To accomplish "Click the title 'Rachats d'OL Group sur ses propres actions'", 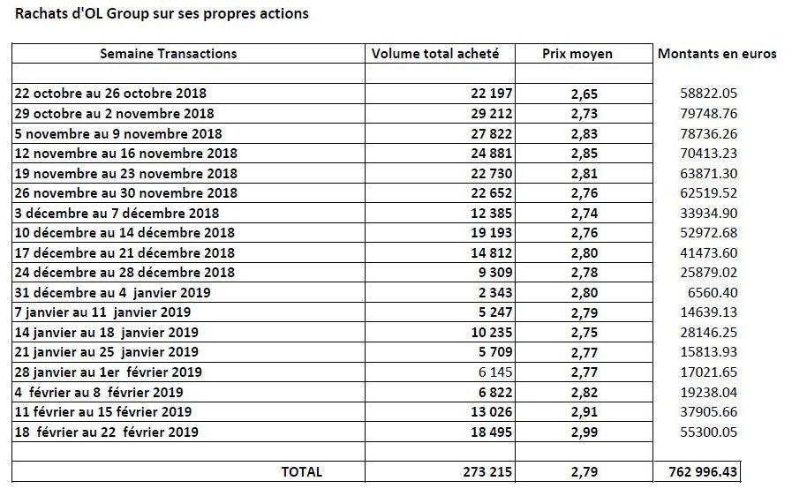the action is (162, 13).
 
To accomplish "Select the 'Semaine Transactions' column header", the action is (168, 54).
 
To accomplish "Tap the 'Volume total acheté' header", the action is (435, 54).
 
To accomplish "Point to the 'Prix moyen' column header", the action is (577, 54).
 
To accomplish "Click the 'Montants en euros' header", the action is (717, 54).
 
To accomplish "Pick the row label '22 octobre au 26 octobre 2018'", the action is (110, 94).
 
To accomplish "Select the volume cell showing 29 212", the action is (492, 114).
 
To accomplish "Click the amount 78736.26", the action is (709, 134).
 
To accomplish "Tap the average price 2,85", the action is (585, 154).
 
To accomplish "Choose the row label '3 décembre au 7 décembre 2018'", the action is (117, 214).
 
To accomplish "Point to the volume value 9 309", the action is (495, 273).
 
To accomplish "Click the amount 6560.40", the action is (713, 293).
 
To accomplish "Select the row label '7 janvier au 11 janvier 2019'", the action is (102, 312).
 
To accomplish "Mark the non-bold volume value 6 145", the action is (495, 372).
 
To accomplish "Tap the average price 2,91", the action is (585, 412).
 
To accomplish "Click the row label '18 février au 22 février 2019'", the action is (107, 432).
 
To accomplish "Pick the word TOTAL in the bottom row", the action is (302, 472).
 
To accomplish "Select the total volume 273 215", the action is (487, 472).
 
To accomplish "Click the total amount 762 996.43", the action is (703, 472).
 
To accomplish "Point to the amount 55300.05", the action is (709, 432).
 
